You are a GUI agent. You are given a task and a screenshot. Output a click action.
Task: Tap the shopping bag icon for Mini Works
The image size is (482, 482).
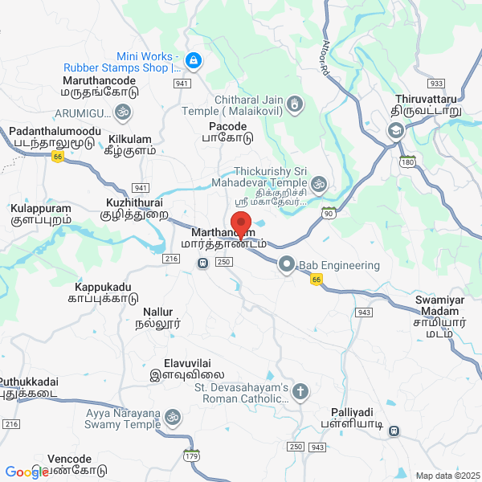click(x=193, y=59)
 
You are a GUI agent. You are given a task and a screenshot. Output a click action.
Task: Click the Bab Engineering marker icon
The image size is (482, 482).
click(x=287, y=264)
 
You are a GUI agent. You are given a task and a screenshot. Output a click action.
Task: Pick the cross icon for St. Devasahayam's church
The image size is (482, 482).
click(x=300, y=392)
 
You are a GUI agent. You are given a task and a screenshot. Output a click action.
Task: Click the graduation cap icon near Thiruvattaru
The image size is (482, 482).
click(x=395, y=131)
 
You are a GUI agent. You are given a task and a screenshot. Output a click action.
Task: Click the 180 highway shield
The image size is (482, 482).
click(x=409, y=161)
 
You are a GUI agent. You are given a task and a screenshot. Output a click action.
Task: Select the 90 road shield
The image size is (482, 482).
click(x=328, y=212)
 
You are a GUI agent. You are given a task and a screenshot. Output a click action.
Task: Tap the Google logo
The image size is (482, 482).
click(x=27, y=472)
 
